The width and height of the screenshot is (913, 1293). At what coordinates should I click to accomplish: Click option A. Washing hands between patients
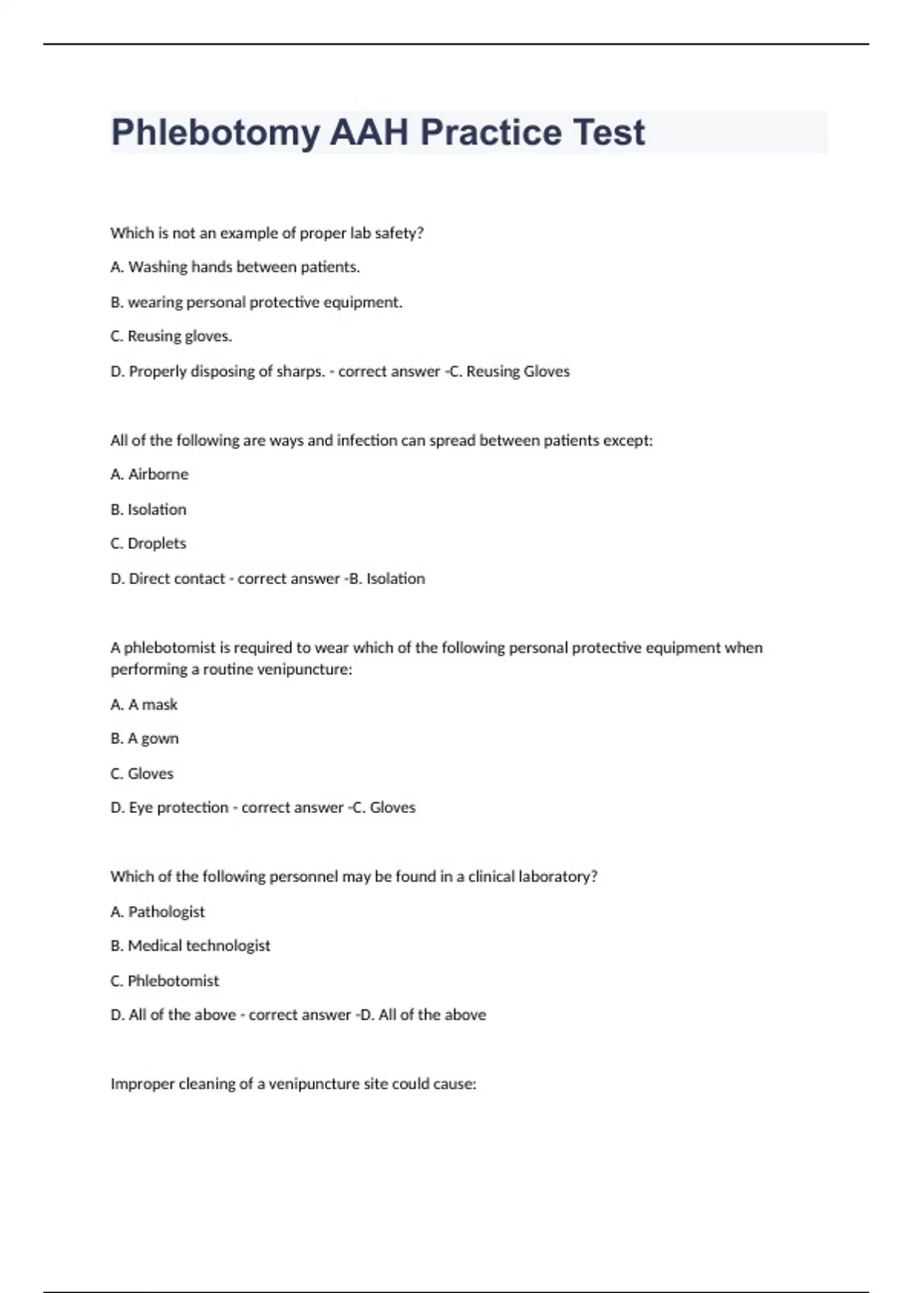pos(235,267)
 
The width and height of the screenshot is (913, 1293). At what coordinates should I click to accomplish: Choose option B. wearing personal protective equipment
pos(256,302)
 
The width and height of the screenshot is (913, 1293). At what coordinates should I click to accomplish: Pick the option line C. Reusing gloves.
pos(171,336)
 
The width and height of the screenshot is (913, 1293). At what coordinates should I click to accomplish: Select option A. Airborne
pos(150,475)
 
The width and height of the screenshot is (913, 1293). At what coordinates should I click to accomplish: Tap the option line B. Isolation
pos(148,510)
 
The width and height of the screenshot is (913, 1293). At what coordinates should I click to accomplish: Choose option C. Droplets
pos(148,544)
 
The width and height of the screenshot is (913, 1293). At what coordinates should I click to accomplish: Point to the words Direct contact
pos(177,579)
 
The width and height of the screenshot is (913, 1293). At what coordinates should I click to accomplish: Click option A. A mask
pos(144,705)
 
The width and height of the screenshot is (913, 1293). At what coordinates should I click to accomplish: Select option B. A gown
pos(145,739)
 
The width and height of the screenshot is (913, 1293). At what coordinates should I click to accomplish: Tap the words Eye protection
pos(179,808)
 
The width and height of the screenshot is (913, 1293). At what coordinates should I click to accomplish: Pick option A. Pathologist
pos(157,912)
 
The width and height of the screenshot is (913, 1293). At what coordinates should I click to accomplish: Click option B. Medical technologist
pos(190,946)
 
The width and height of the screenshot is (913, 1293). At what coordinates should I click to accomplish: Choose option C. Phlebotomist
pos(164,981)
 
